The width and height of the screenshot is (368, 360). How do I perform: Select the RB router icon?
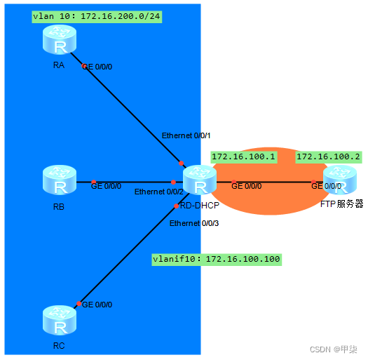(60, 180)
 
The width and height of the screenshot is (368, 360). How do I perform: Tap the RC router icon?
(60, 321)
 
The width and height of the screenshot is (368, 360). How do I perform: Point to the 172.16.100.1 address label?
(243, 156)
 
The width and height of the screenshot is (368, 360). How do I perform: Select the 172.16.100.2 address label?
(328, 156)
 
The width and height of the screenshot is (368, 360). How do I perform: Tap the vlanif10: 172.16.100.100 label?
(217, 260)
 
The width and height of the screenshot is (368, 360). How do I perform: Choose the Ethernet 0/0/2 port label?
(158, 192)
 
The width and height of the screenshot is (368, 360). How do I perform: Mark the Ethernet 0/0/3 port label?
(194, 223)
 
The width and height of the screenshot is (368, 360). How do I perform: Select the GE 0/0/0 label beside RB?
(107, 187)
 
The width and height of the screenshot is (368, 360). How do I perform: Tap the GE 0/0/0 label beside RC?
(97, 305)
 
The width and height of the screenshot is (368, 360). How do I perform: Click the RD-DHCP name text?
(198, 206)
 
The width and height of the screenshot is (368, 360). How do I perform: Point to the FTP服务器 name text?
(341, 204)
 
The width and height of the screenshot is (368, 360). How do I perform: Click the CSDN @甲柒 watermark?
(334, 349)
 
